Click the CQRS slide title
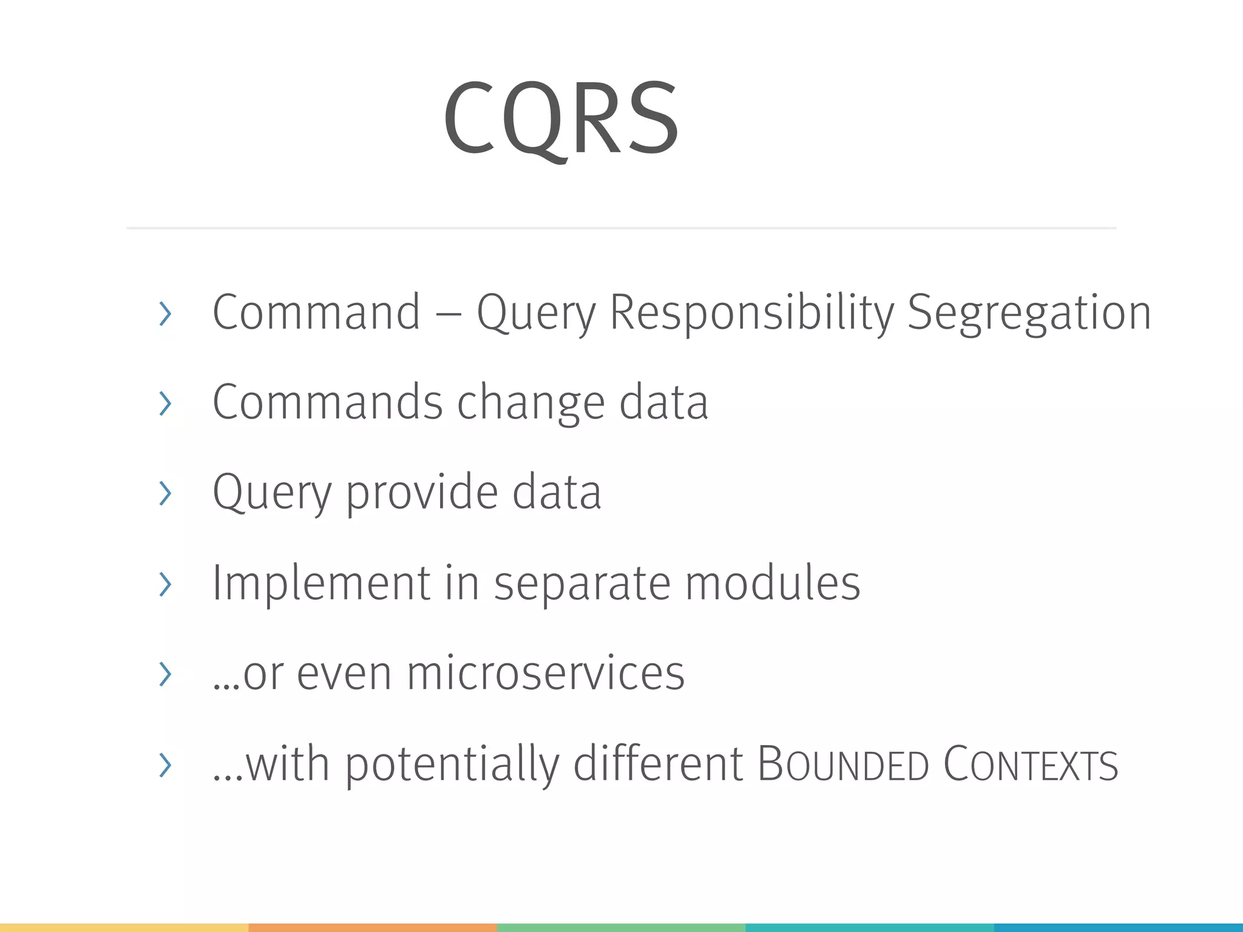pos(561,118)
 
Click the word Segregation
pos(1029,313)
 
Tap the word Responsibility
pos(751,313)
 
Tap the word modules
pos(773,583)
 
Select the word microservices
pos(545,674)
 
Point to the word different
pos(658,764)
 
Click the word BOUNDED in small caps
pos(843,765)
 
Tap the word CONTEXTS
pos(1030,765)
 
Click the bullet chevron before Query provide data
pos(164,493)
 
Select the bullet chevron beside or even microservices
pos(164,674)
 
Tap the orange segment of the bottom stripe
pos(373,927)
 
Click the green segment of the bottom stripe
pos(621,927)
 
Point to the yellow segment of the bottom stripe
pos(124,927)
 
